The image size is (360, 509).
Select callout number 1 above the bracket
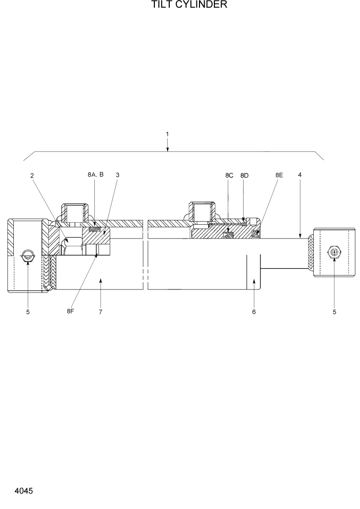167,134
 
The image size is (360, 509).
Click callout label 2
32,175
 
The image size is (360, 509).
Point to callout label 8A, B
95,175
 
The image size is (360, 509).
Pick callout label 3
117,175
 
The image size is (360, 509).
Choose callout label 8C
229,175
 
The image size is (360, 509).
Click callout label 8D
244,175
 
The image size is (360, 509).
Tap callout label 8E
279,175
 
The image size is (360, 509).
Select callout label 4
300,175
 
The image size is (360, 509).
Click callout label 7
101,311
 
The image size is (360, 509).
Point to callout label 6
253,311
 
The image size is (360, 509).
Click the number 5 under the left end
28,311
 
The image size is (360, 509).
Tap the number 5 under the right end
334,311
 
